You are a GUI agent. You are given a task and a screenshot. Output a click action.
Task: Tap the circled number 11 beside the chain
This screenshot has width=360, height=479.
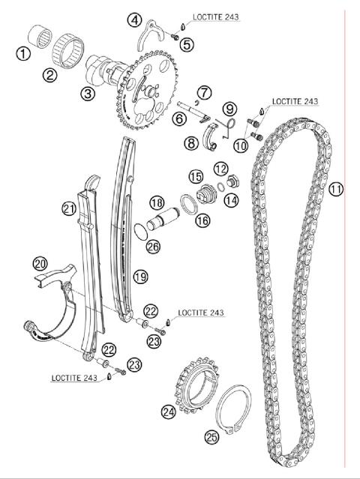click(x=335, y=190)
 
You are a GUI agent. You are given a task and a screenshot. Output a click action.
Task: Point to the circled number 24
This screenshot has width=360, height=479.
click(x=168, y=411)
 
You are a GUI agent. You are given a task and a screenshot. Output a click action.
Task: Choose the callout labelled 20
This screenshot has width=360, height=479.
click(x=40, y=263)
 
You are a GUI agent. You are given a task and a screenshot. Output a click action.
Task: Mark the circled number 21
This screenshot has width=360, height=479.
click(x=70, y=208)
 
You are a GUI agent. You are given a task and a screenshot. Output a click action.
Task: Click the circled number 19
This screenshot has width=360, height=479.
click(x=139, y=277)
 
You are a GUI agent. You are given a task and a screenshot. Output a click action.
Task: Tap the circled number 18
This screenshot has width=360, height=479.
click(x=156, y=202)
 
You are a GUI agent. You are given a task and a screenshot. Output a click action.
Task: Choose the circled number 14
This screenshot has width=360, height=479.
click(x=229, y=199)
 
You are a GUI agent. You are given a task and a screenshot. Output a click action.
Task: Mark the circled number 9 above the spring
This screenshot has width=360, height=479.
click(x=229, y=109)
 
